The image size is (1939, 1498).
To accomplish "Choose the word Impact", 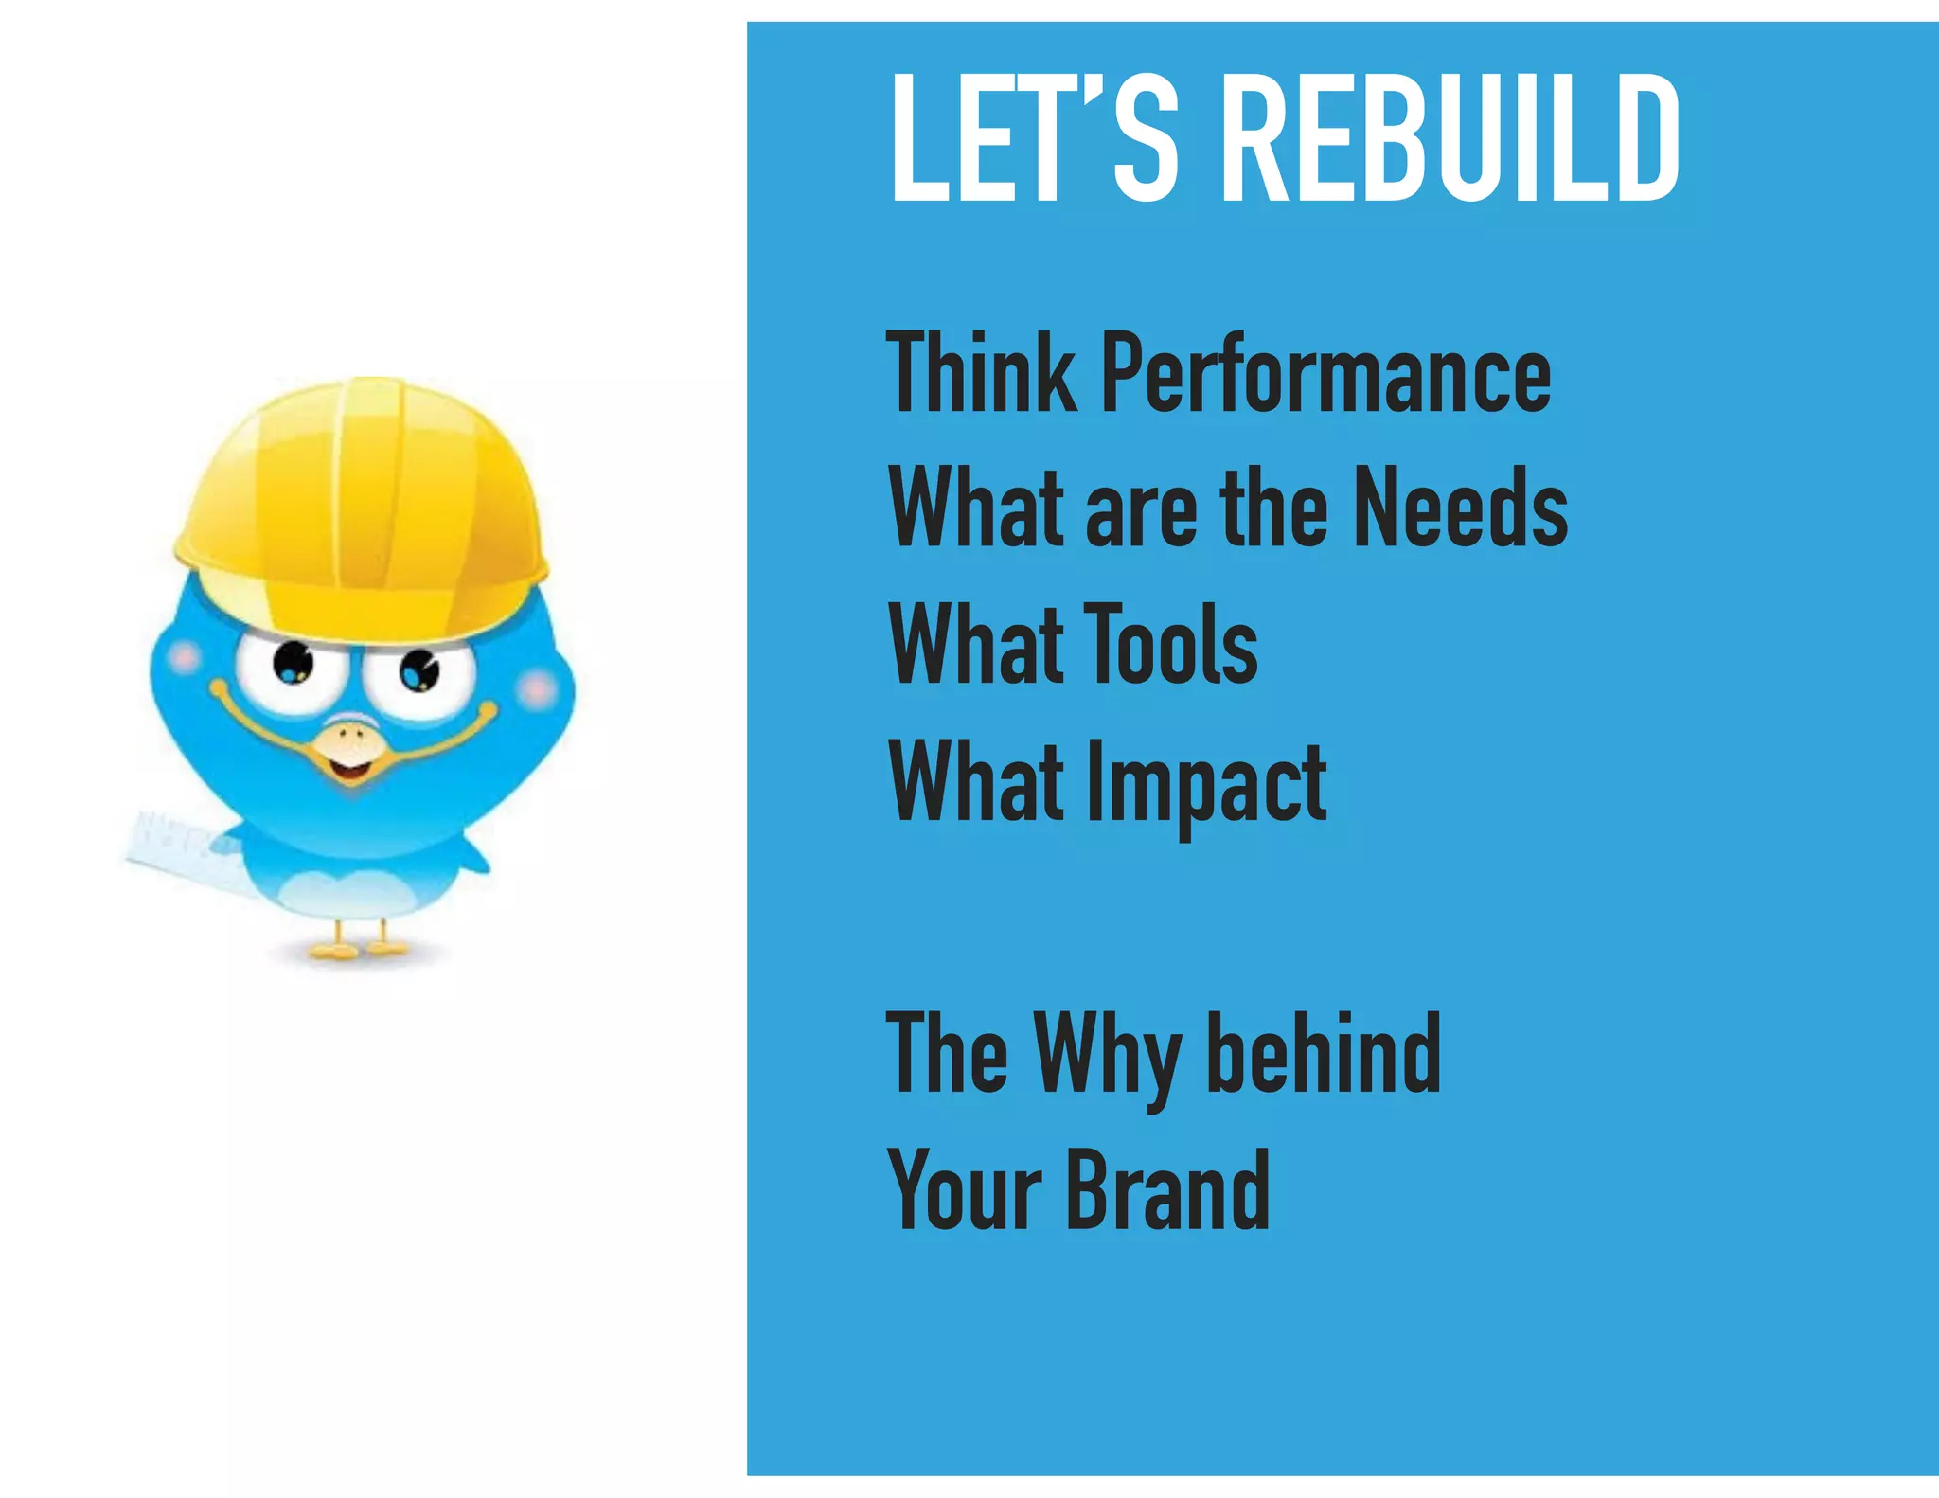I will tap(1206, 784).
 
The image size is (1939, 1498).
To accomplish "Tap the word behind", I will tap(1325, 1053).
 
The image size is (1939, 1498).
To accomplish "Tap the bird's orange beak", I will tap(349, 748).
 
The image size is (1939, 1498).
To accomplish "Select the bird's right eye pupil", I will tap(418, 671).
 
